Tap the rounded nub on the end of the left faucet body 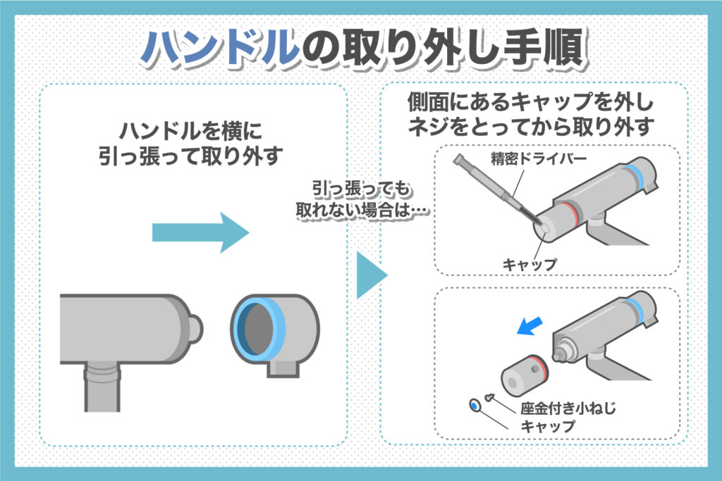[x=195, y=326]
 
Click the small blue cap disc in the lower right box [x=475, y=406]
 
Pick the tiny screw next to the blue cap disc [x=491, y=399]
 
